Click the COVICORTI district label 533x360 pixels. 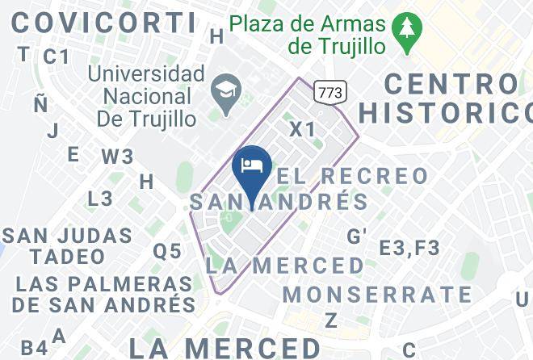point(103,22)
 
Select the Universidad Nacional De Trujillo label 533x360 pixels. point(146,97)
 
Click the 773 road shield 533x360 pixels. point(329,92)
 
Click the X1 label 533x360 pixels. point(303,129)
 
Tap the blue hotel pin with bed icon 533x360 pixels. point(251,167)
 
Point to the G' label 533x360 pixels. point(356,236)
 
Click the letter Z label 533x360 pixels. point(330,320)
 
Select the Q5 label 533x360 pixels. point(167,251)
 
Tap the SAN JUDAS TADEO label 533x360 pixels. point(67,246)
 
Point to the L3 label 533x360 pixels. point(100,199)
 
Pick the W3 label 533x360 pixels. point(117,156)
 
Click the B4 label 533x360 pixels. point(34,349)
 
